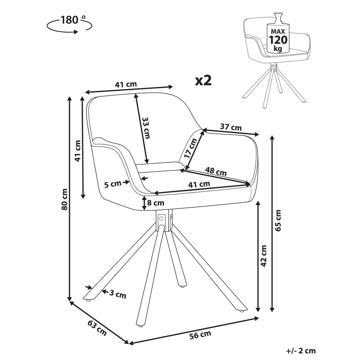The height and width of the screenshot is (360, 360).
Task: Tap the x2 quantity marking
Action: (203, 80)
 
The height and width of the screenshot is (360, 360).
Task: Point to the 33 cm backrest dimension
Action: (146, 127)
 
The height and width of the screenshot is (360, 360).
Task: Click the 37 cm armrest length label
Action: (231, 127)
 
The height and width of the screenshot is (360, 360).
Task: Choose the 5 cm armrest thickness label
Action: (112, 184)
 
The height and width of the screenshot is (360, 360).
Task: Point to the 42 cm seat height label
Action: (263, 256)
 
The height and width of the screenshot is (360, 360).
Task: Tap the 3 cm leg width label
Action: (117, 295)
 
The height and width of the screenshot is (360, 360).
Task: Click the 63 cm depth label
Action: (97, 328)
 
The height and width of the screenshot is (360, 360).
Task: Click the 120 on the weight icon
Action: (278, 40)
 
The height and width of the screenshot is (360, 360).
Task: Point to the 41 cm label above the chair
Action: (126, 84)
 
